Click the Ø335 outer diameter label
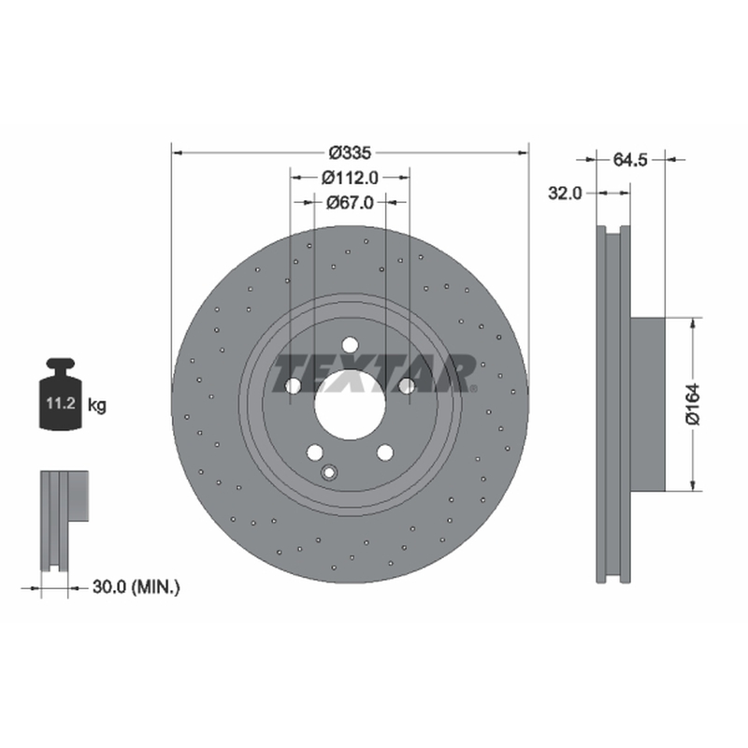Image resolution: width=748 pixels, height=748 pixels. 350,152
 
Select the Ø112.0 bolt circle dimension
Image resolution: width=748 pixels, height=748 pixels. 350,178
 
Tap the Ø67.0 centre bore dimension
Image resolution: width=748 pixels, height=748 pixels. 350,203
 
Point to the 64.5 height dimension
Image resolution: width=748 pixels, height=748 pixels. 629,160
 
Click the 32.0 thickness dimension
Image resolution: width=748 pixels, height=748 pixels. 566,194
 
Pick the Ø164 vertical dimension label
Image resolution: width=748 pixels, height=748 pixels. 693,404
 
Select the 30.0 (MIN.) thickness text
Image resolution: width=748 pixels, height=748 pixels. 136,587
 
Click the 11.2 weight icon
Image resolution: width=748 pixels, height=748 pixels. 61,395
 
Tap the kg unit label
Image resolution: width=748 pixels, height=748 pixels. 97,406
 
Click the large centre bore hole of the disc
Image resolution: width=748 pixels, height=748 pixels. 350,405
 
